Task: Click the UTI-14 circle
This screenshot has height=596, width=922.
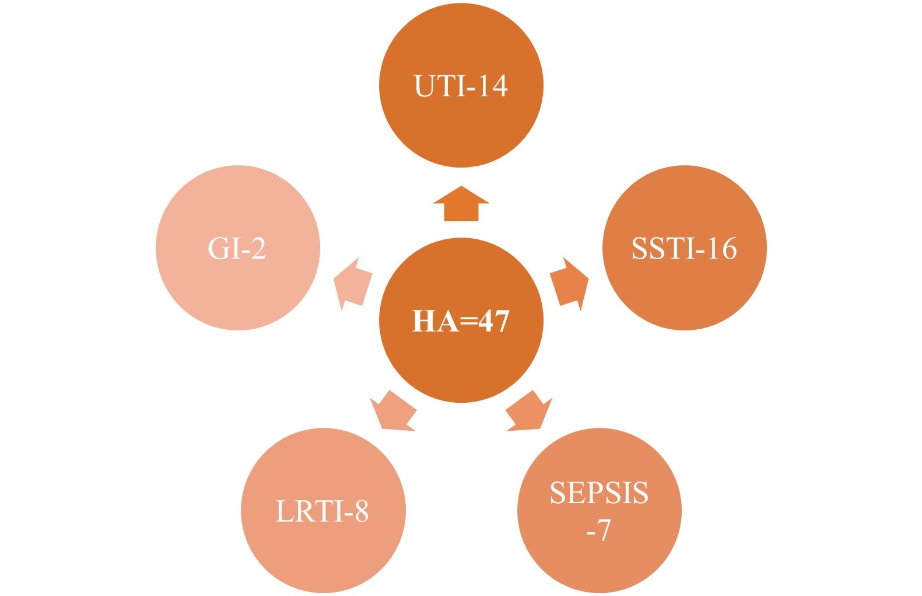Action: [461, 85]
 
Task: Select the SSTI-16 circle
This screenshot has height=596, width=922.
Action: [685, 248]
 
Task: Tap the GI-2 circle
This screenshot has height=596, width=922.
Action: [238, 248]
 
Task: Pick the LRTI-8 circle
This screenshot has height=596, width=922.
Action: [324, 511]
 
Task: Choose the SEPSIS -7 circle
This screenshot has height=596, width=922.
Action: [600, 511]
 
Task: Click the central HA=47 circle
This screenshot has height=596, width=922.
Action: [461, 320]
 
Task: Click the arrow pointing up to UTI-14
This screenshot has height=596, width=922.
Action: [461, 204]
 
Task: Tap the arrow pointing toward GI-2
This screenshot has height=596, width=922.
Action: [353, 284]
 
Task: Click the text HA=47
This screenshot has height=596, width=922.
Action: [461, 321]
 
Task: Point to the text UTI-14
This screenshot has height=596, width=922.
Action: [461, 86]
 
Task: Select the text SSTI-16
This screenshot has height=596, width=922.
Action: [684, 248]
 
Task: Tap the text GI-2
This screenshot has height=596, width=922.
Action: [237, 248]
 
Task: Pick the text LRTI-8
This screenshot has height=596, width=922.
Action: [322, 511]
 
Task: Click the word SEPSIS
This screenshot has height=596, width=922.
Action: [600, 493]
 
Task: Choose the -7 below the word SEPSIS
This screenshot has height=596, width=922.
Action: [599, 529]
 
